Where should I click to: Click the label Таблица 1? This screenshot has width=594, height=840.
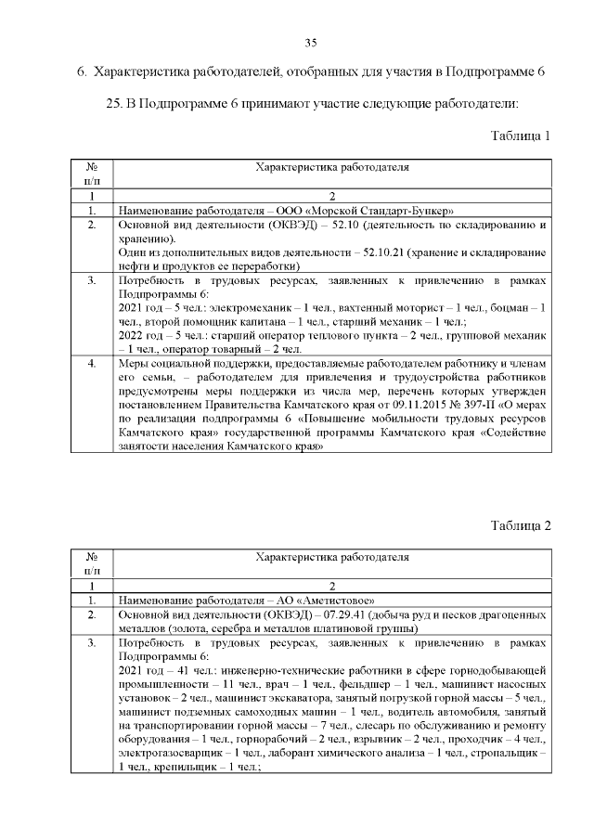pos(521,136)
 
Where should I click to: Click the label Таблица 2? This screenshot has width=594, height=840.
pos(521,525)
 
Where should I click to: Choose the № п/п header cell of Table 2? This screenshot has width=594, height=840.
pos(92,564)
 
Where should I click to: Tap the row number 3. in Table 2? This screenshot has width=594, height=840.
pos(92,642)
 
